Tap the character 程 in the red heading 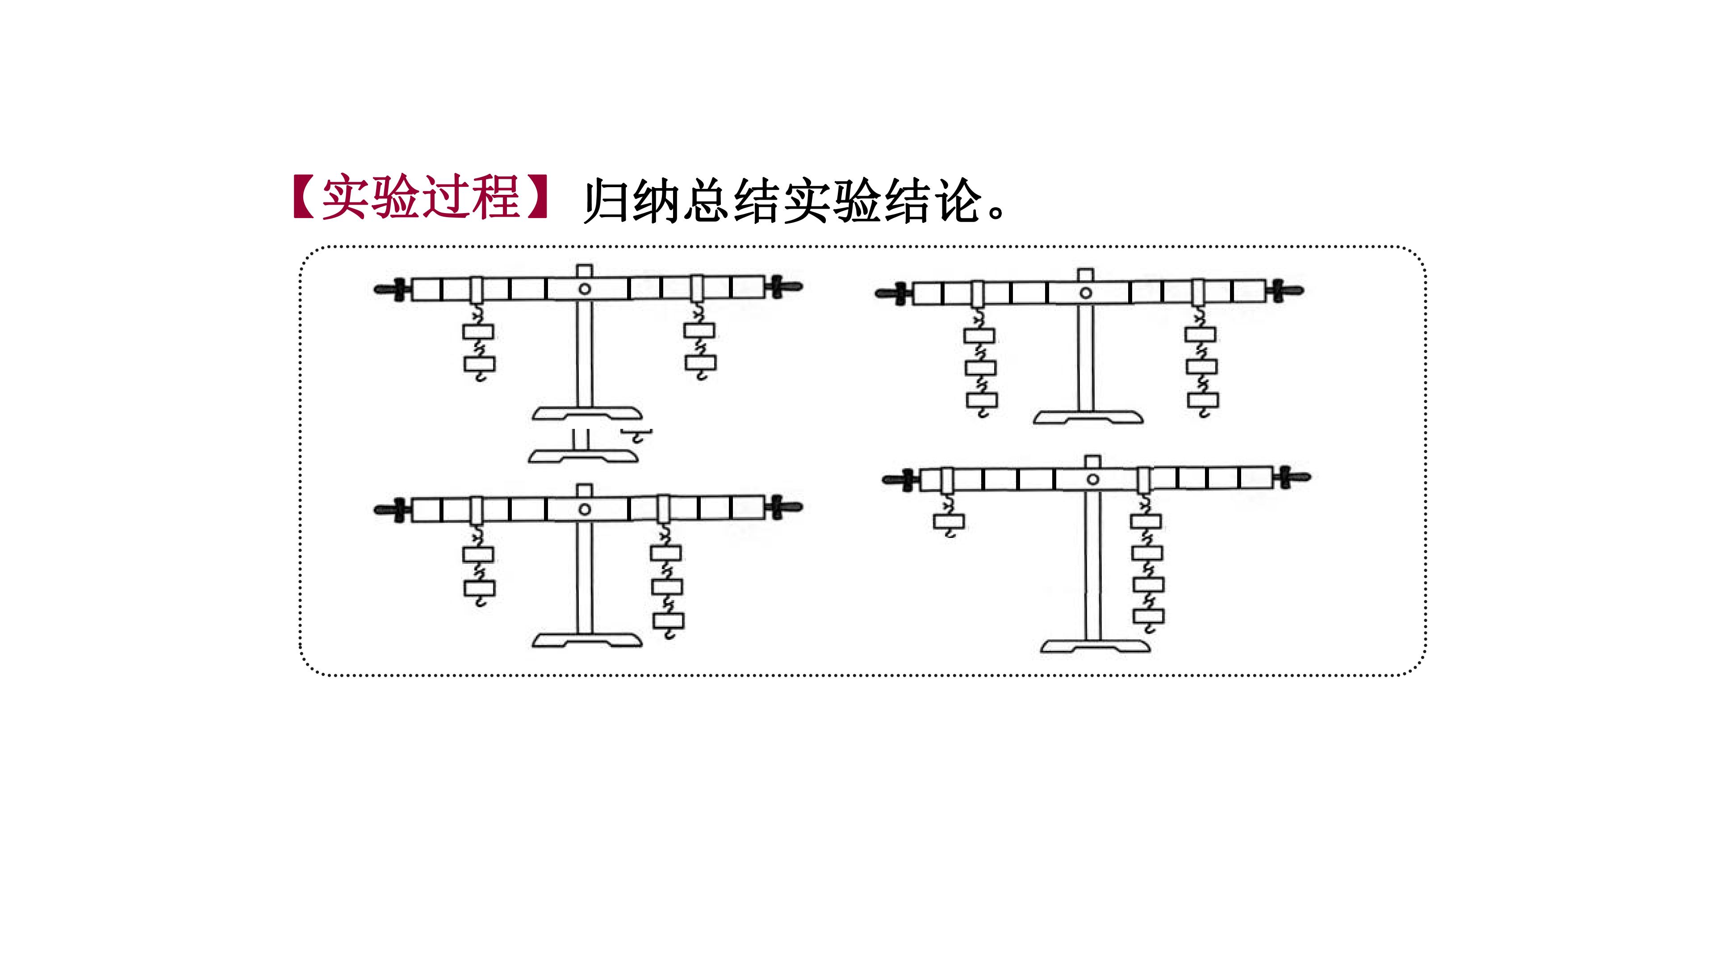click(x=495, y=198)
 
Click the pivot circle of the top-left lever click(x=585, y=289)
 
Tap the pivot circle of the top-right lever click(x=1086, y=293)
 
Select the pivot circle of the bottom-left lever click(x=585, y=509)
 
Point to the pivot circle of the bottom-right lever click(x=1092, y=479)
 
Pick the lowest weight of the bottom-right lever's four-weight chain click(x=1148, y=617)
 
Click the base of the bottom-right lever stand click(x=1095, y=646)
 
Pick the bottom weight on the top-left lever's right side click(x=700, y=363)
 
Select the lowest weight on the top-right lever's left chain click(x=981, y=400)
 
